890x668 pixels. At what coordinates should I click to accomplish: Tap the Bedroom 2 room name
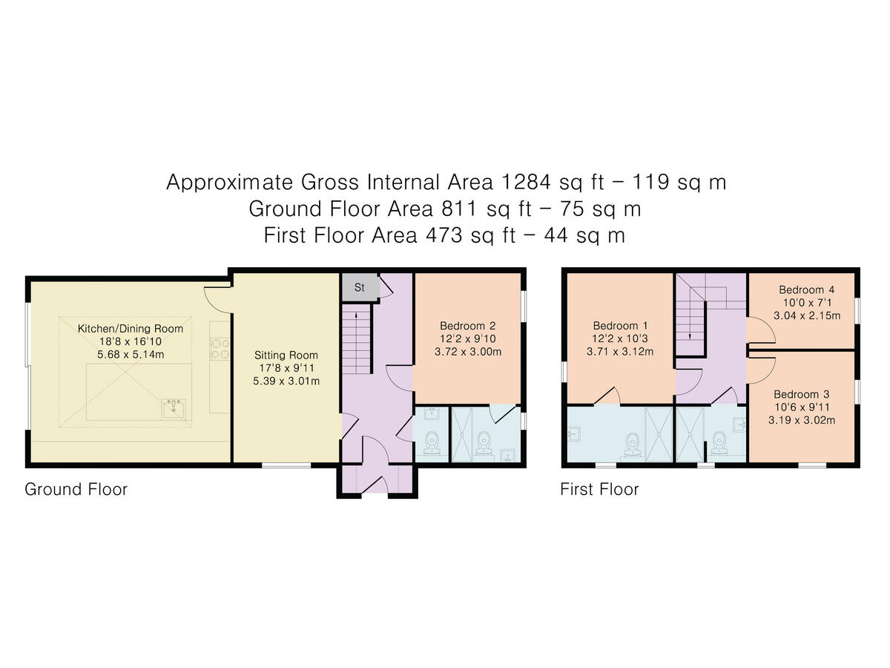[467, 325]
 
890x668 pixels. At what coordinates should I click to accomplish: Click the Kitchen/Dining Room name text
[131, 328]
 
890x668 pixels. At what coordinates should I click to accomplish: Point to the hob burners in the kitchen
[220, 348]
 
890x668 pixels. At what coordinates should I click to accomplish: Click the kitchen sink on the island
[174, 407]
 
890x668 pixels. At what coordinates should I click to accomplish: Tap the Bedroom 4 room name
[801, 289]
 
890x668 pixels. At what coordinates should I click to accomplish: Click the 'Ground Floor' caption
[76, 489]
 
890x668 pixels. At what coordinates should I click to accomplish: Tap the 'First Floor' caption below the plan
[599, 489]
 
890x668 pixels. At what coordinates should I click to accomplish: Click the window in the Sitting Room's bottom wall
[286, 465]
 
